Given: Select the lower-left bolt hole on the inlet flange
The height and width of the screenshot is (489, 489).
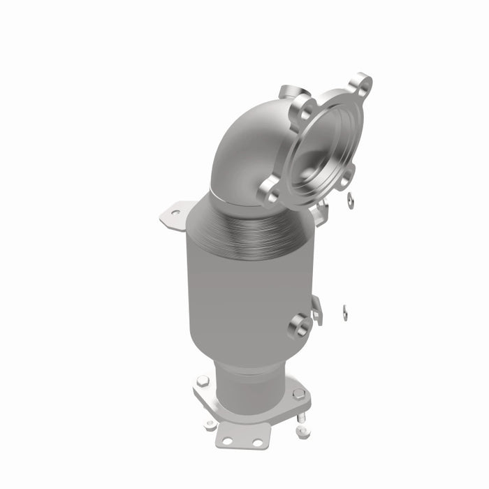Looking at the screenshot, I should click(x=270, y=189).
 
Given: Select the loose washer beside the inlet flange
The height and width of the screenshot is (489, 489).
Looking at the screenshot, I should click(x=350, y=201).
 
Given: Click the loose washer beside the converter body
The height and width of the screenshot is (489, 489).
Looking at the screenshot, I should click(x=345, y=310).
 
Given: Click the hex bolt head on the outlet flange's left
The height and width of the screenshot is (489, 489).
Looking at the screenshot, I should click(x=202, y=381).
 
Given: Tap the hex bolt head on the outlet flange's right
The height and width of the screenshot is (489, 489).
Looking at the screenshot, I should click(x=298, y=393).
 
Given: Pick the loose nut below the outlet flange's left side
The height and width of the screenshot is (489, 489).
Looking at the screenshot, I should click(x=210, y=424).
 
